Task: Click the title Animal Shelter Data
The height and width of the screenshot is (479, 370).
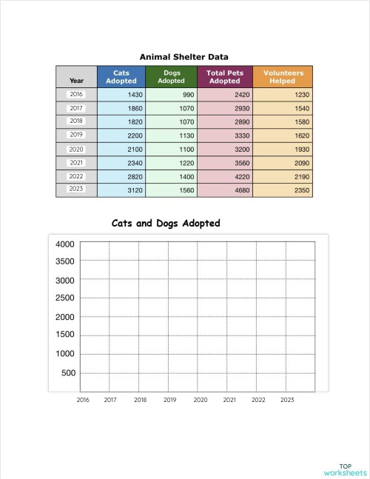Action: pyautogui.click(x=184, y=56)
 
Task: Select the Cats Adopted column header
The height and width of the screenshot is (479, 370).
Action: pyautogui.click(x=121, y=77)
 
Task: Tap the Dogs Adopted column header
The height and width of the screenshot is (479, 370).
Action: pyautogui.click(x=172, y=77)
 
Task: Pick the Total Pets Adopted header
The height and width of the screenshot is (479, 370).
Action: pyautogui.click(x=224, y=77)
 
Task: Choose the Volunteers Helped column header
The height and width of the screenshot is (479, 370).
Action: pyautogui.click(x=283, y=77)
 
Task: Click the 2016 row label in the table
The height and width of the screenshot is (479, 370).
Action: pyautogui.click(x=76, y=94)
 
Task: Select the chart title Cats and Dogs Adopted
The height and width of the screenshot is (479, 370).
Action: pyautogui.click(x=166, y=223)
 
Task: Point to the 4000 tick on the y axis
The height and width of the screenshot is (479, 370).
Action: pyautogui.click(x=65, y=244)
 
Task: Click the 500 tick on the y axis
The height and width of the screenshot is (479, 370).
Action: pyautogui.click(x=68, y=373)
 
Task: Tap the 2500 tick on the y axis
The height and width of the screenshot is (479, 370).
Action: pyautogui.click(x=65, y=298)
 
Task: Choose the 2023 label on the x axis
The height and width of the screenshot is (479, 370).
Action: pyautogui.click(x=287, y=400)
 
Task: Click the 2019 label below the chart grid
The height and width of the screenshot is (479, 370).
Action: pyautogui.click(x=169, y=400)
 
